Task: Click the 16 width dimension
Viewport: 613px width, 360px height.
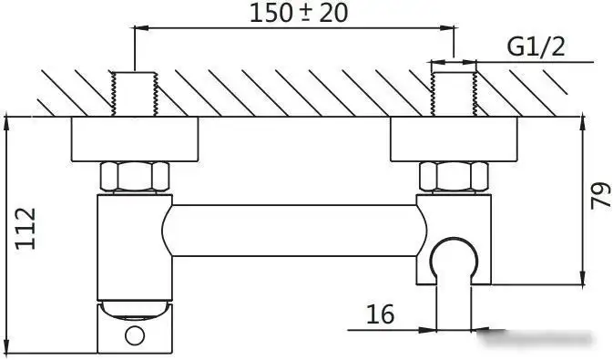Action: tap(380, 314)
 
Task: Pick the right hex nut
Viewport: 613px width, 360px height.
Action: tap(453, 176)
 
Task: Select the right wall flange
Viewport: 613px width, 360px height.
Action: tap(453, 139)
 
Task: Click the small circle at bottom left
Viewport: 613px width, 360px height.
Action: tap(135, 335)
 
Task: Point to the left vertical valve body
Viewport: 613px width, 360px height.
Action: tap(134, 246)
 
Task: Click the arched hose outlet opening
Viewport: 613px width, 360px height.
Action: tap(454, 260)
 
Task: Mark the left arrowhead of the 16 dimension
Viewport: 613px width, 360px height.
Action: tap(428, 328)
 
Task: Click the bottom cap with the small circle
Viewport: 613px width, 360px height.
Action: tap(134, 330)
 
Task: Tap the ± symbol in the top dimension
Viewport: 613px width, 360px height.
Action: tap(293, 14)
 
